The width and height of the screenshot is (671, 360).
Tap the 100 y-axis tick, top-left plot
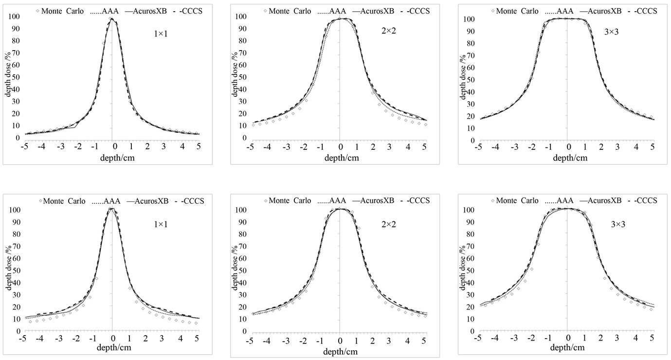tap(13, 17)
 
